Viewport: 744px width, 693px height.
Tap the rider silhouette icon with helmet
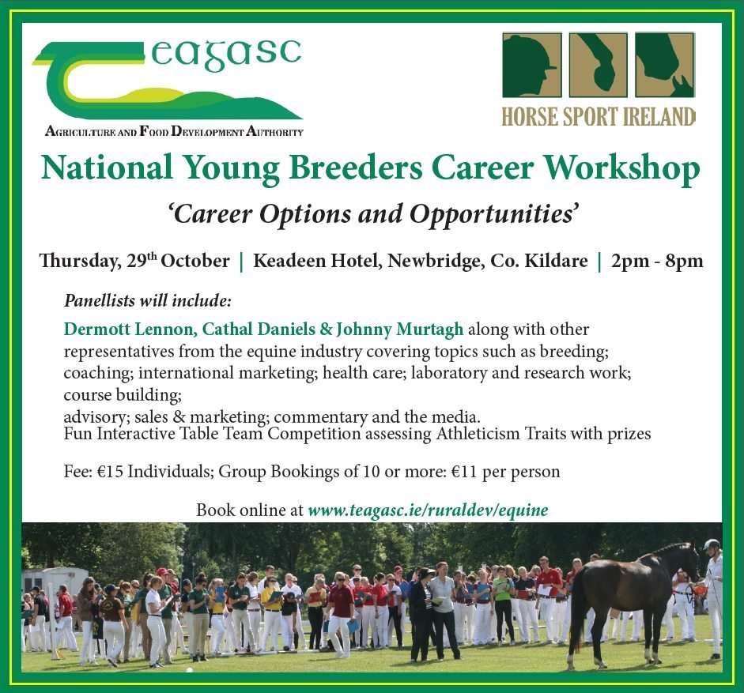point(532,65)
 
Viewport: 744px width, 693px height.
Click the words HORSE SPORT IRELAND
point(599,117)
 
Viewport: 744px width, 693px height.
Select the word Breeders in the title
point(355,168)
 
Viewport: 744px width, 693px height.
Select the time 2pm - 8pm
point(657,262)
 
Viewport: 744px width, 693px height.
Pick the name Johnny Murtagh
point(399,330)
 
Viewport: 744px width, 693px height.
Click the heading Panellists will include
point(148,301)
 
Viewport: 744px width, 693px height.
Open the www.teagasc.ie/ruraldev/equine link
point(428,510)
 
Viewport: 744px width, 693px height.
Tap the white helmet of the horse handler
point(712,544)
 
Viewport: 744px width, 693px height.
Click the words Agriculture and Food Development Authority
point(174,131)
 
